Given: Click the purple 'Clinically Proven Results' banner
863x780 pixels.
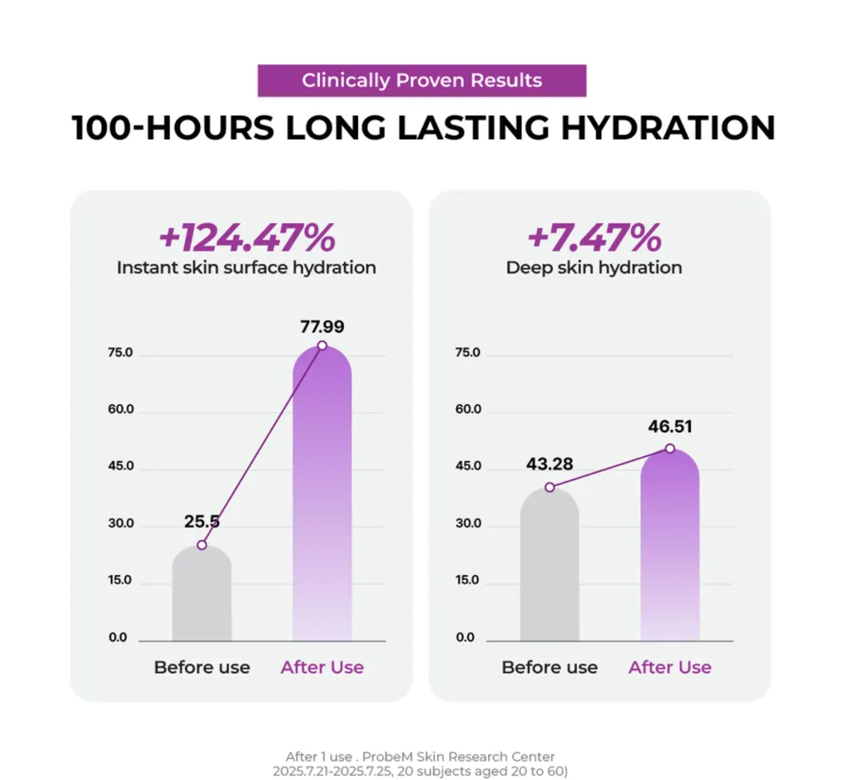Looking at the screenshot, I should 421,80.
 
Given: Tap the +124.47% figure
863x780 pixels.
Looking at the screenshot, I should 247,238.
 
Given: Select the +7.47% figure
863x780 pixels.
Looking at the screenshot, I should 594,238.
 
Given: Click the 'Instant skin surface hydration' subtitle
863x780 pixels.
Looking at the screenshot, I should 246,268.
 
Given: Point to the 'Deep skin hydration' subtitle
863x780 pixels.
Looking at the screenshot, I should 594,268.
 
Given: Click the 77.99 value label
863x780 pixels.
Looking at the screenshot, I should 322,326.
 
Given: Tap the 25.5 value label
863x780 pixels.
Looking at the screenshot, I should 201,521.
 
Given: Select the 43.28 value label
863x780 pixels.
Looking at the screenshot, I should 549,464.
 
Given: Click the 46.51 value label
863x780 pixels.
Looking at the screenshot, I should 670,426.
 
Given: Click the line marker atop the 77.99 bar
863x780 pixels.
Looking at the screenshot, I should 322,345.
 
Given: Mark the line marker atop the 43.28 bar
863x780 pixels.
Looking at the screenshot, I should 550,487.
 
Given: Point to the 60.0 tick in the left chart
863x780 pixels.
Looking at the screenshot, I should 121,409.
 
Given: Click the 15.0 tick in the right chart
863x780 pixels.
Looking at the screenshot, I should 468,580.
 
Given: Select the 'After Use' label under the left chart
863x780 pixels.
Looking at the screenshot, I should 322,667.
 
